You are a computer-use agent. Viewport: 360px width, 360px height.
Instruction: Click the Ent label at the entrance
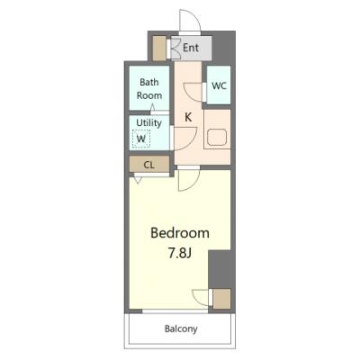coord(191,48)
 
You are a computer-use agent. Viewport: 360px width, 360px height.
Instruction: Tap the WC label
coord(219,85)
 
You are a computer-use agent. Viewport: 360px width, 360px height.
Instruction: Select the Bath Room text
coord(149,89)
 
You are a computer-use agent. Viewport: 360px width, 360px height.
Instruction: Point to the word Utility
coord(148,122)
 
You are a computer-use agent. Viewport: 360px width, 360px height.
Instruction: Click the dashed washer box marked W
coord(141,139)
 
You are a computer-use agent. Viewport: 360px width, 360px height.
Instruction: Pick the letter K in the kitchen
coord(188,117)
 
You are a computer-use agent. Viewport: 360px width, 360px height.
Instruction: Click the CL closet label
coord(149,165)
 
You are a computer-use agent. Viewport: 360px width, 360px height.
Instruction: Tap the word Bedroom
coord(180,233)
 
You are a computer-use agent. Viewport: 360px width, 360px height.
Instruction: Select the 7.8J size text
coord(180,254)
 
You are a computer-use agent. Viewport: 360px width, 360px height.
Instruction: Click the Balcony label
coord(181,328)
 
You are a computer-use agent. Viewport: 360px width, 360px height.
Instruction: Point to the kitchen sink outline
coord(217,138)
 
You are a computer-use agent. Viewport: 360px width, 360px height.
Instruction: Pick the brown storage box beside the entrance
coord(159,49)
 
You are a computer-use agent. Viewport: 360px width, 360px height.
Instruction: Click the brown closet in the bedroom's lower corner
coord(221,299)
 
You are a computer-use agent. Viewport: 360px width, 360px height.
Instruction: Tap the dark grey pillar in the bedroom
coord(220,269)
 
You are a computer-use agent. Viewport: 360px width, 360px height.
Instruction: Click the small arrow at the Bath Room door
coord(152,107)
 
